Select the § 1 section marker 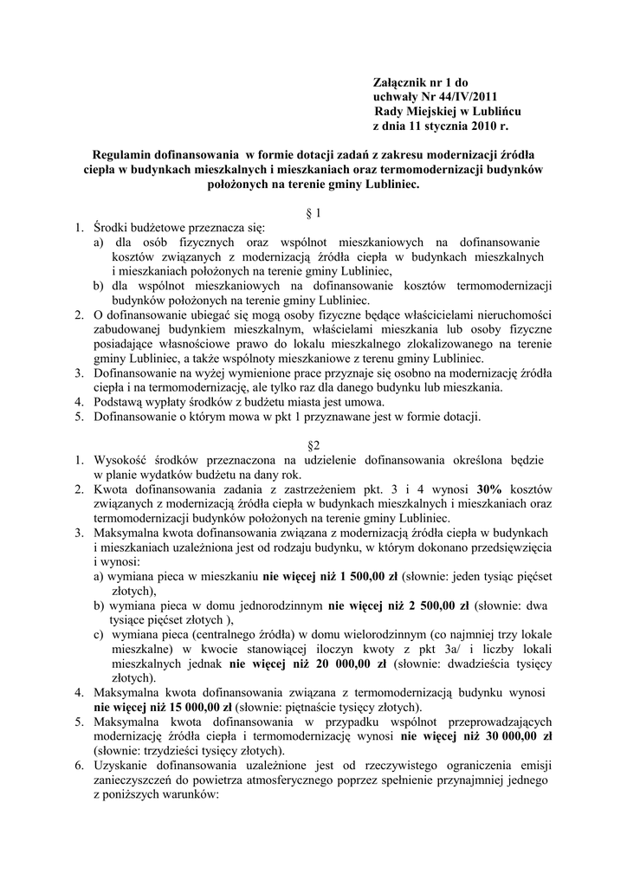tap(313, 212)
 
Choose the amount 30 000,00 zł tap(507, 737)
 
